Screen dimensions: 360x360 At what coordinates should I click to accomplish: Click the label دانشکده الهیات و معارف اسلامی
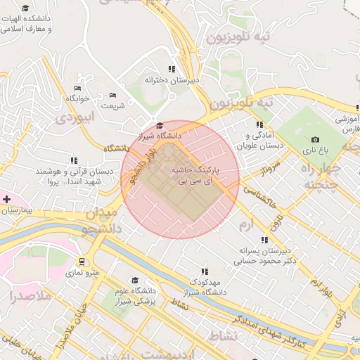(32, 24)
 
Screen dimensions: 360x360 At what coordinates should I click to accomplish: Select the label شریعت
(112, 105)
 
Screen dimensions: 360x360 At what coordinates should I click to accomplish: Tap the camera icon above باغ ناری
(315, 140)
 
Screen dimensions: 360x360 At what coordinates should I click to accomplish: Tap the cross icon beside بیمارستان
(6, 200)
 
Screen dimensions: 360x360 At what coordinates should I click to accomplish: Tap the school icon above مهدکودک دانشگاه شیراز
(205, 271)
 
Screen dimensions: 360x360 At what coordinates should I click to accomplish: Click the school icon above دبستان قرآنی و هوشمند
(75, 160)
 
